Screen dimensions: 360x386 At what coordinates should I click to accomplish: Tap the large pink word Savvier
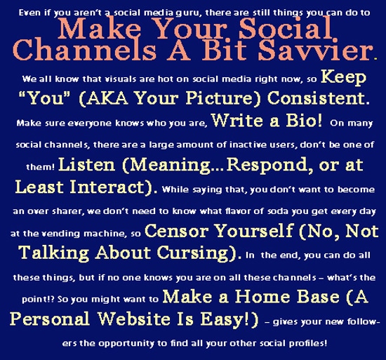pyautogui.click(x=324, y=49)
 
